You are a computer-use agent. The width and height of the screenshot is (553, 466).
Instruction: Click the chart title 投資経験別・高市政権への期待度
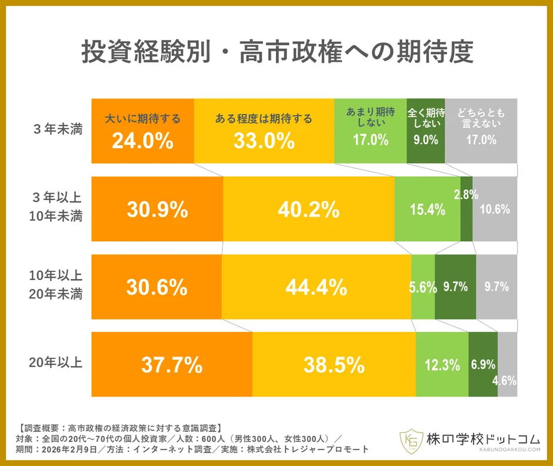276,54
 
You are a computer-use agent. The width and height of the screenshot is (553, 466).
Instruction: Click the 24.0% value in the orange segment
142,141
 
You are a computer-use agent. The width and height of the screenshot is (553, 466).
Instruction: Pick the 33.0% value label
264,141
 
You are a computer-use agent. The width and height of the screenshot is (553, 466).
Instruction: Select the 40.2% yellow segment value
309,209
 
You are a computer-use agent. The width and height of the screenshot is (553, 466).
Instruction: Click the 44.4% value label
316,287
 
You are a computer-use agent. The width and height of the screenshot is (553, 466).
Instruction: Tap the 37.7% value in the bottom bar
172,365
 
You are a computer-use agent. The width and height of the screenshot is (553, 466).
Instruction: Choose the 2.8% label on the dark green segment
466,195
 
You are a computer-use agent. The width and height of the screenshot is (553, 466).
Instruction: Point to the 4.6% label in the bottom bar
504,381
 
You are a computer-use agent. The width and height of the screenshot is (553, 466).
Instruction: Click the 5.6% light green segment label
423,287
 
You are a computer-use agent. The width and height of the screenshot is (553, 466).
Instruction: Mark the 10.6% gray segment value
495,209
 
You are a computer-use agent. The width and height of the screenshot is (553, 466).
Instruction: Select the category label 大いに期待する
142,119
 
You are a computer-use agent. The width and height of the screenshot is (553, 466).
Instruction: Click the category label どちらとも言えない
481,118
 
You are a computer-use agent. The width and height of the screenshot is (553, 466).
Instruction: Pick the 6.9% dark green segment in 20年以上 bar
483,365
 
